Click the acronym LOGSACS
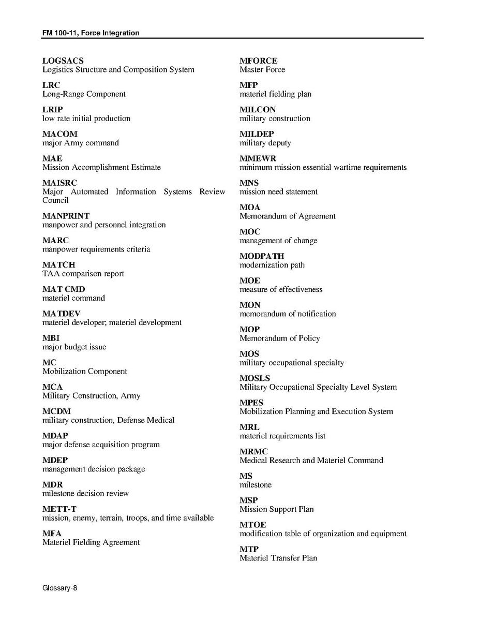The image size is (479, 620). [63, 61]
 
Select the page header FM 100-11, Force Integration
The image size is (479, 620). [91, 33]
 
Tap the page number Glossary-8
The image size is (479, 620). [59, 588]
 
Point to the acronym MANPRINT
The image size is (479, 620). [66, 216]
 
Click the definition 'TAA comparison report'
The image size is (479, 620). [83, 274]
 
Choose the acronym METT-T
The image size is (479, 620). [59, 509]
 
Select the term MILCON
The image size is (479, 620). [258, 110]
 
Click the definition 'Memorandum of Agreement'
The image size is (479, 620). [287, 216]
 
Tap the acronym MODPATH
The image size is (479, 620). [262, 256]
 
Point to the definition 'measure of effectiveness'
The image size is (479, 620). [281, 289]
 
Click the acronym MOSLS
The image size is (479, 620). [255, 378]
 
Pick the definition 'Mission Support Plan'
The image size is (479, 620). [276, 509]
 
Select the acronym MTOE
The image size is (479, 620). [252, 525]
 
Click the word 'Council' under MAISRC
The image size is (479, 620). [55, 200]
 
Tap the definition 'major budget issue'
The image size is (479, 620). [74, 347]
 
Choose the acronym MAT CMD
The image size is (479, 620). [64, 289]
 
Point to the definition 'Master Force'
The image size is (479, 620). [262, 70]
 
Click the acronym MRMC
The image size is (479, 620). [253, 452]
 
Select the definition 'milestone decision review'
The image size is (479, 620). [86, 494]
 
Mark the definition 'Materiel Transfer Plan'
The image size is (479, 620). [278, 558]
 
